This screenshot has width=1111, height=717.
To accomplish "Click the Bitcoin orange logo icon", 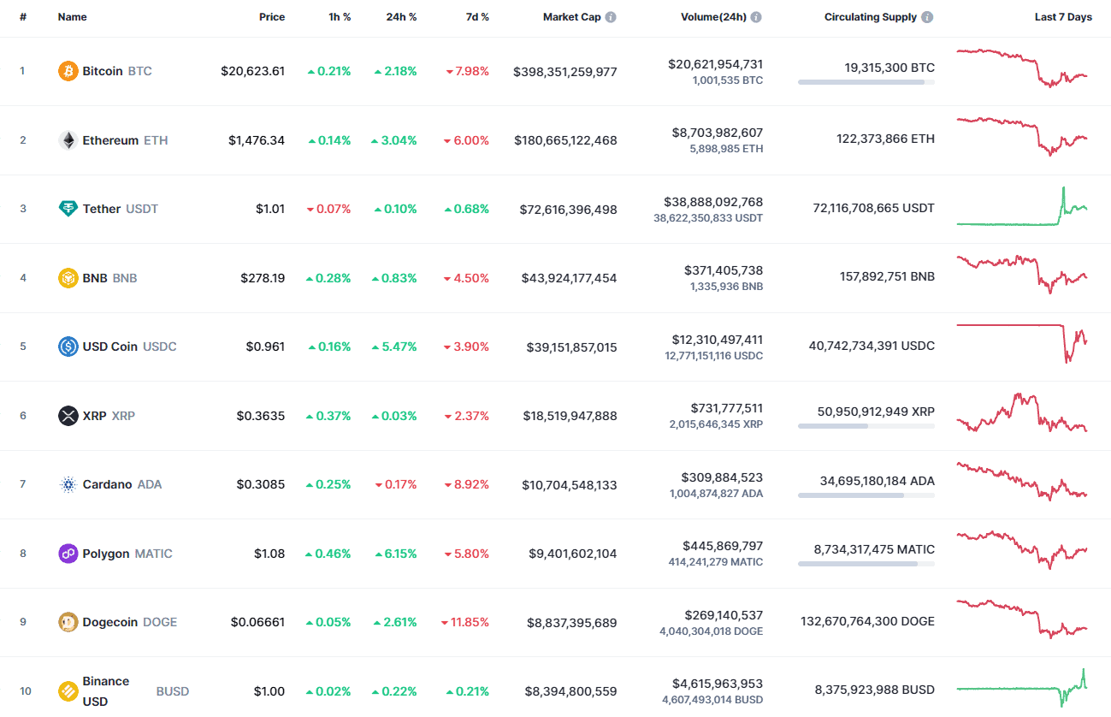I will [68, 71].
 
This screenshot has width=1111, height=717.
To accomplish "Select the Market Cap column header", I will [571, 17].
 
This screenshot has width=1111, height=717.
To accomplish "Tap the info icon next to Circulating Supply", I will [928, 17].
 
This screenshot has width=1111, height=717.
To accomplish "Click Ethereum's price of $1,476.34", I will [257, 140].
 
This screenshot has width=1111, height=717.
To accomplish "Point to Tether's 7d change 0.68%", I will [467, 209].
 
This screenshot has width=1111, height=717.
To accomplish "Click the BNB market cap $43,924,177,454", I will [569, 278].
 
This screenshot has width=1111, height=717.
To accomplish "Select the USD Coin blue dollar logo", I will [68, 347].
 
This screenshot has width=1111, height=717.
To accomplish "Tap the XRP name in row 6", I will [94, 416].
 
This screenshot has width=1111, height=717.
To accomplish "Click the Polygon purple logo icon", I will [68, 554].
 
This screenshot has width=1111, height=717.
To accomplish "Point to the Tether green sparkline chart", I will [1022, 208].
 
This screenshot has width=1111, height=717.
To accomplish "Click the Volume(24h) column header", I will [714, 17].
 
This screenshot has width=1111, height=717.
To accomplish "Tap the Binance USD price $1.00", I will [270, 690].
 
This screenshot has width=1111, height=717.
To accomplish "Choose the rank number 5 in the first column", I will [23, 347].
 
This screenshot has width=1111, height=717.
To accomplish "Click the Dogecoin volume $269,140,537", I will [723, 615].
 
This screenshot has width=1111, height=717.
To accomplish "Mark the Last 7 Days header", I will [1063, 17].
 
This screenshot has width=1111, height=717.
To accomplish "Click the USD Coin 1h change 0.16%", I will [329, 347].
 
